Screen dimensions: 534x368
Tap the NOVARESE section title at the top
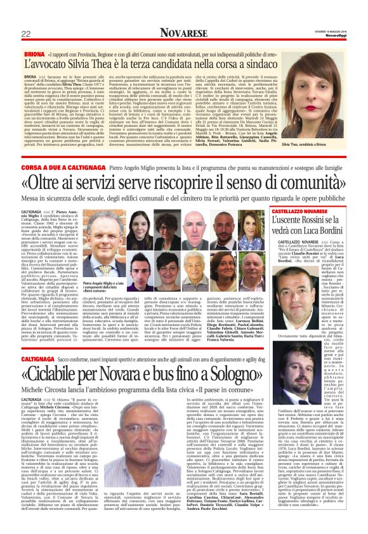(184, 32)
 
